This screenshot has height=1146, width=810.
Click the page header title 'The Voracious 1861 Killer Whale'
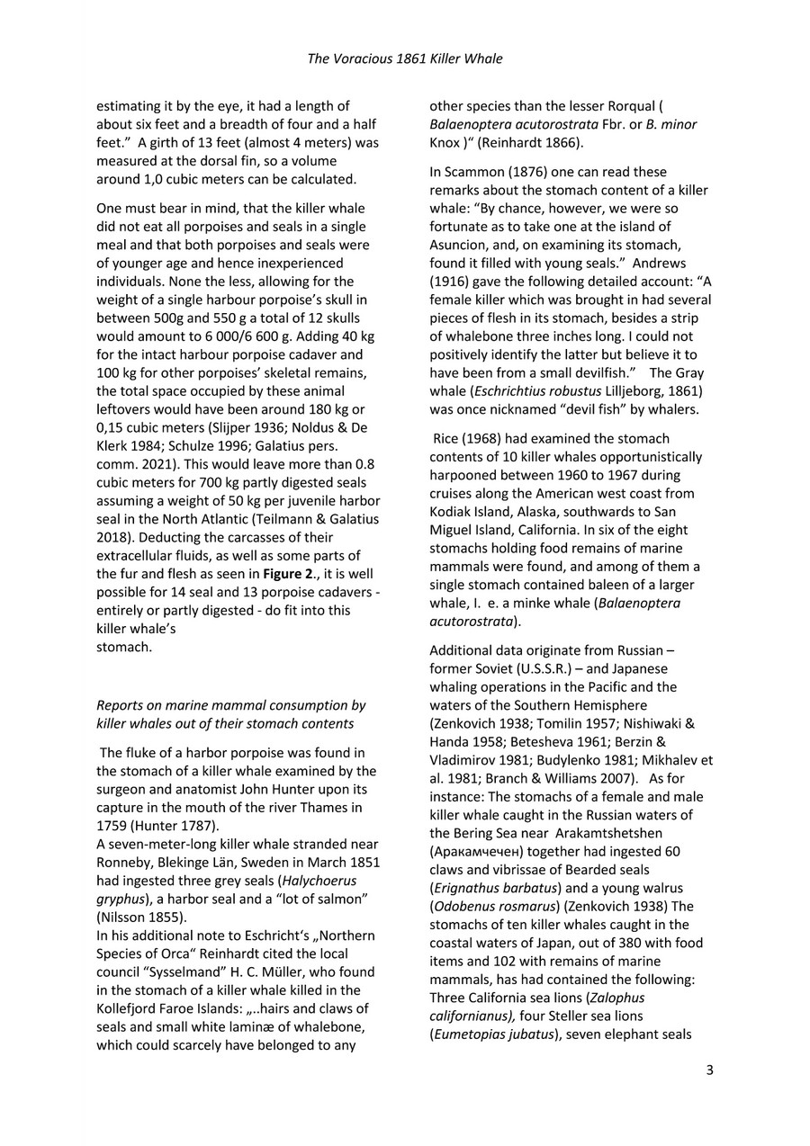(x=405, y=58)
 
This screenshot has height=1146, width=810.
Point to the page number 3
(x=710, y=1070)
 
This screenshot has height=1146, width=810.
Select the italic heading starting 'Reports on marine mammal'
(x=230, y=714)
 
